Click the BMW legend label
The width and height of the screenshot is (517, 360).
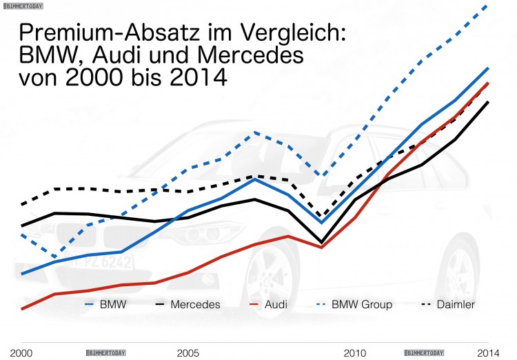[x=113, y=304]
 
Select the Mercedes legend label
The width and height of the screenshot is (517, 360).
[x=195, y=304]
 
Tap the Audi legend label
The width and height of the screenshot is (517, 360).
[x=276, y=304]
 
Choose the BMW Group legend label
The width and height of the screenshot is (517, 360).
[x=362, y=304]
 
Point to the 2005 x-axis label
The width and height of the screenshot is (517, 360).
[x=188, y=352]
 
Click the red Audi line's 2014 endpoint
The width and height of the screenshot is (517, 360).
[x=489, y=82]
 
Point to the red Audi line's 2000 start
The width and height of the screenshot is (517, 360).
[x=23, y=309]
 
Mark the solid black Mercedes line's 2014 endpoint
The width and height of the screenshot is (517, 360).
[x=489, y=101]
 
